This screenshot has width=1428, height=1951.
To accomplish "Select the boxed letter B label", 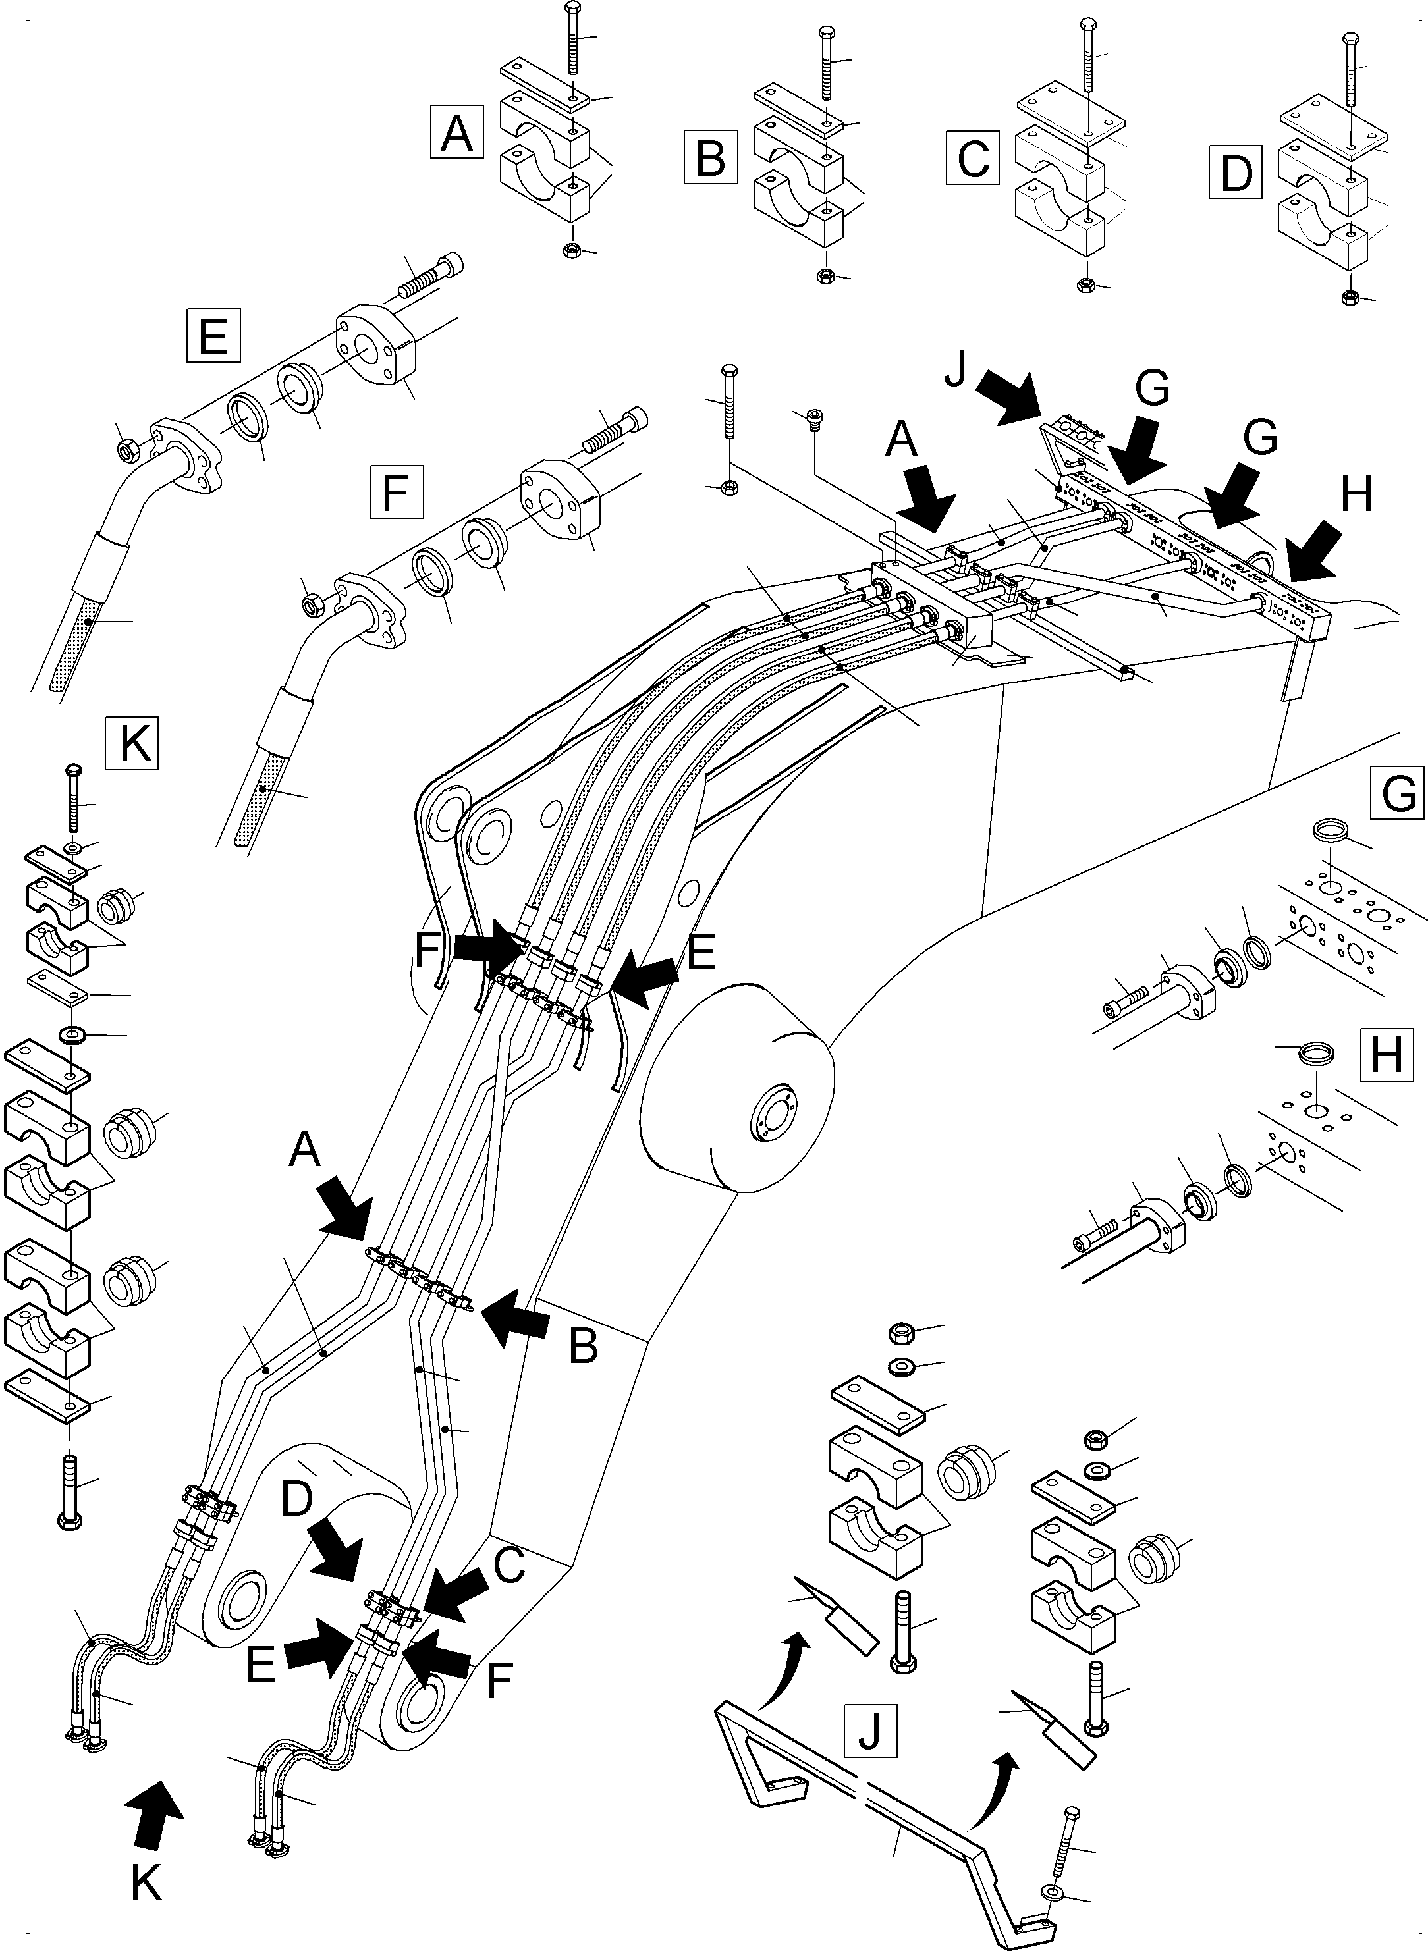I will pyautogui.click(x=711, y=157).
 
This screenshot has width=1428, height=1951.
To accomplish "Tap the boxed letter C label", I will pyautogui.click(x=974, y=157).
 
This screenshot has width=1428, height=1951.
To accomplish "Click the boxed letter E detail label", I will pyautogui.click(x=213, y=335).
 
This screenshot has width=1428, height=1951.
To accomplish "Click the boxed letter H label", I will pyautogui.click(x=1387, y=1054).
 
